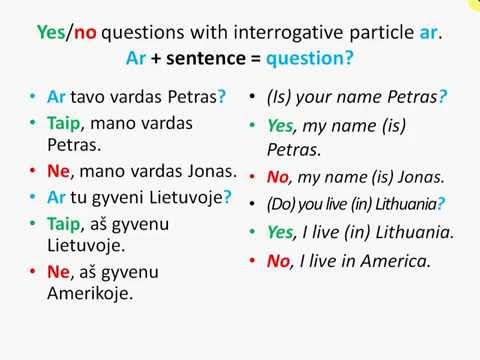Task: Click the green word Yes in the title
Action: pos(49,32)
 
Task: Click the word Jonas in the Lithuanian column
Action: pos(211,171)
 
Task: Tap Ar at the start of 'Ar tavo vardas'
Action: pos(56,97)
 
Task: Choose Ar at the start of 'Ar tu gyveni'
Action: pos(56,196)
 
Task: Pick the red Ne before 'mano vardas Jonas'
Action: pos(58,171)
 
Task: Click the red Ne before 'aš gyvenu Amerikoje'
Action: pos(58,271)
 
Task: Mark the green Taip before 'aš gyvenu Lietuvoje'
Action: pos(64,221)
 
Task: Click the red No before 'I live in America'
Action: pos(277,262)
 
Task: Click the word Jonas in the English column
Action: pos(420,177)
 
